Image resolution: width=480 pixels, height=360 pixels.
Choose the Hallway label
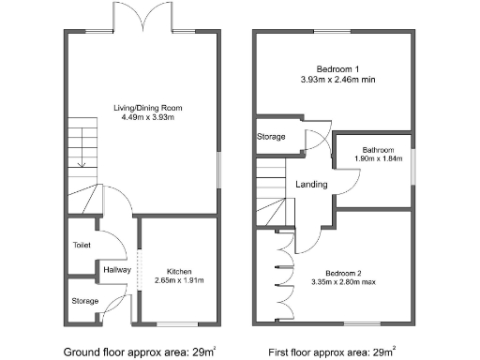[118, 270]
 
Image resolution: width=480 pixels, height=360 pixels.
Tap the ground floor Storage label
[84, 301]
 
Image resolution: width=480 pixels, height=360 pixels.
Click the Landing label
[311, 185]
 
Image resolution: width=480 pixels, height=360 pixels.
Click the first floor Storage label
[272, 137]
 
